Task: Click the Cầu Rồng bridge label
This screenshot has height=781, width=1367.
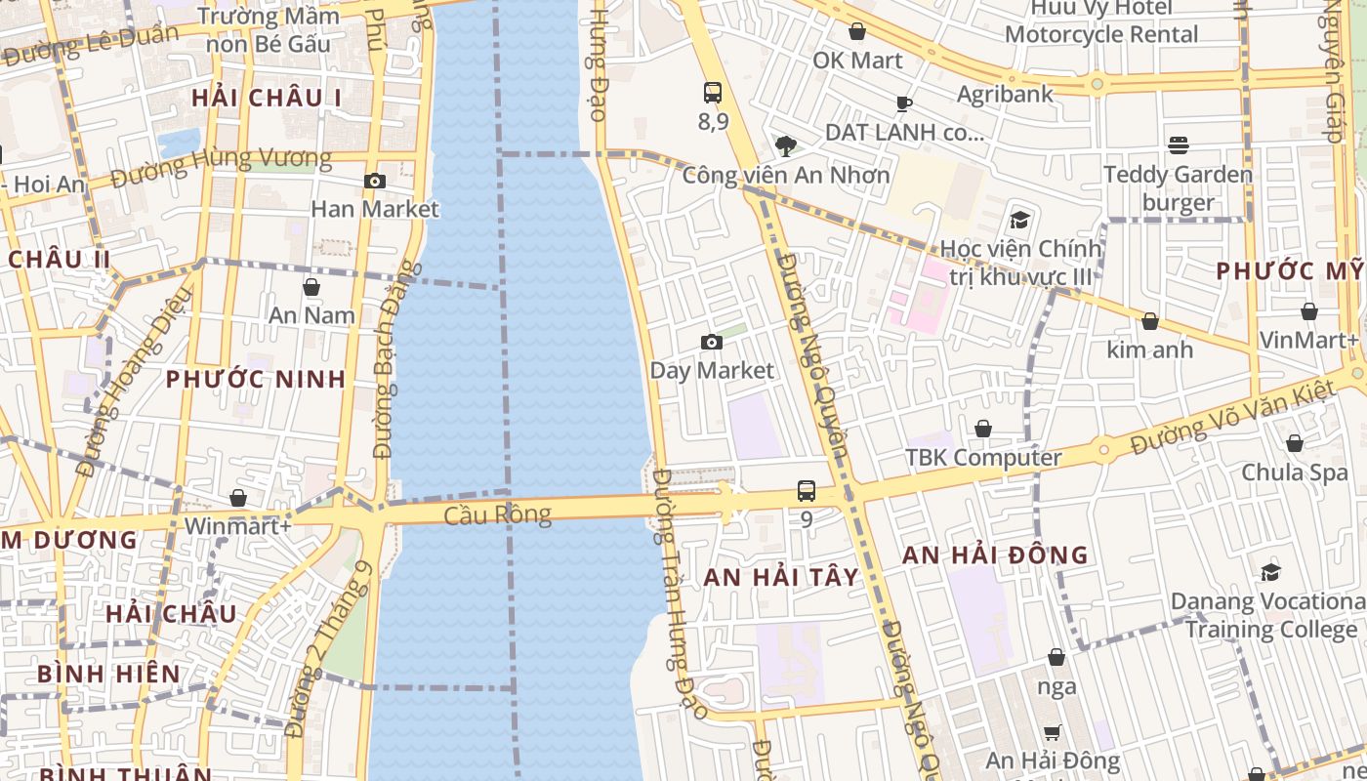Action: [497, 514]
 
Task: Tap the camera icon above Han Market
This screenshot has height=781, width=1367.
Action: [374, 182]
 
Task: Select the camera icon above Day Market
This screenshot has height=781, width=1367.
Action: [712, 342]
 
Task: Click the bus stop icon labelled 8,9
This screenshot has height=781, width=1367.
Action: [713, 94]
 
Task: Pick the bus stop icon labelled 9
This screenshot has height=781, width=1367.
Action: [807, 491]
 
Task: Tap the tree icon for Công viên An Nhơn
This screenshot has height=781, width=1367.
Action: [785, 146]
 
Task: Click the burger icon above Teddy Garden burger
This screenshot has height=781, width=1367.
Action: [1179, 146]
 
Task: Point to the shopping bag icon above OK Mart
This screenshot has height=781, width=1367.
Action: [857, 32]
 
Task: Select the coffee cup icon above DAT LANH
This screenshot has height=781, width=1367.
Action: [904, 103]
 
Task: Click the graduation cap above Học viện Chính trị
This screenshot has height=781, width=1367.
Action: [1020, 220]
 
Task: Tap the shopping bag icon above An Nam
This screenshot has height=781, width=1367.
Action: [311, 287]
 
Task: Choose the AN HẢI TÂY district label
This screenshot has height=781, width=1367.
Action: [781, 577]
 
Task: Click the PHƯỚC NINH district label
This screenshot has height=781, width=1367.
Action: [256, 379]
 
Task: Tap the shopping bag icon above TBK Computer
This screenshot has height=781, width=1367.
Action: [983, 430]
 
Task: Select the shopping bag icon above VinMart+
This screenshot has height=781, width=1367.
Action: [1309, 312]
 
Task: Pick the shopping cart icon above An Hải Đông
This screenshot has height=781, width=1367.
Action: [1052, 732]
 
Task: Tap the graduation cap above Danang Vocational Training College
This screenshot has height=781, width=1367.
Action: [1270, 572]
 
